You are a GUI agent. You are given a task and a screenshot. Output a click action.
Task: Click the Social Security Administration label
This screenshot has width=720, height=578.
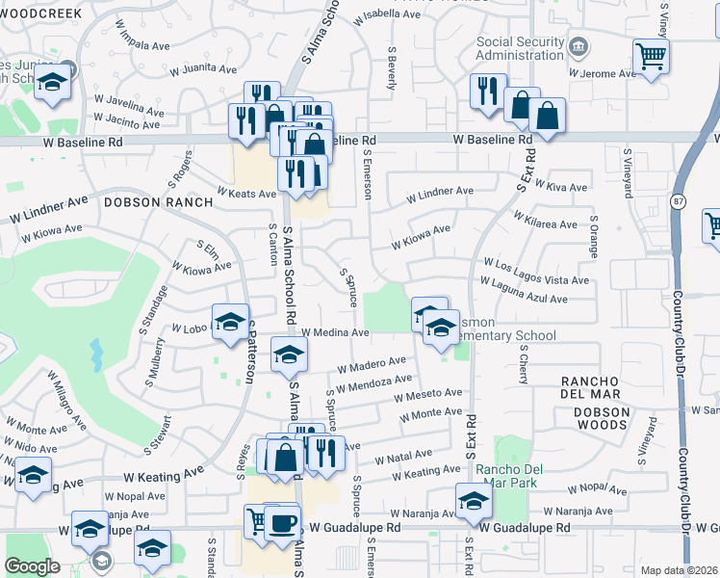[520, 49]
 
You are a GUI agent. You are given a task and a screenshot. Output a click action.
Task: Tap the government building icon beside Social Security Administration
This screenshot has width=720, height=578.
[579, 46]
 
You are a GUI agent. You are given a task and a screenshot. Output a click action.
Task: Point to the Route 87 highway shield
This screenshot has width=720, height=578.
[678, 200]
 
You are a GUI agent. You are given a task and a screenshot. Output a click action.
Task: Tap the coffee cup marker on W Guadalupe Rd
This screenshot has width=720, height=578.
[282, 523]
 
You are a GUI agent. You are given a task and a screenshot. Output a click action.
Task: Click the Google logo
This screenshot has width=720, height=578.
[33, 566]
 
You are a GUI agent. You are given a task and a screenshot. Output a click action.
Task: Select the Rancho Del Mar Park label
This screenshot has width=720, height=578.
[510, 477]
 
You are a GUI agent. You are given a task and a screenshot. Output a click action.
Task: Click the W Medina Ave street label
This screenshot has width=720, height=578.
[335, 332]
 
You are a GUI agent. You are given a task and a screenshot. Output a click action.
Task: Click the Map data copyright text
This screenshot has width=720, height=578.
[680, 570]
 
